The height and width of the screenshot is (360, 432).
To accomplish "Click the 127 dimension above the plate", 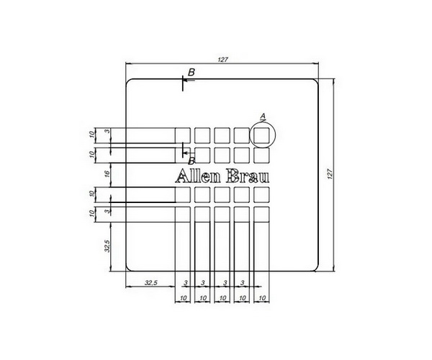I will pyautogui.click(x=222, y=60).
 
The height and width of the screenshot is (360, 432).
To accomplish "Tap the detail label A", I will pyautogui.click(x=263, y=116).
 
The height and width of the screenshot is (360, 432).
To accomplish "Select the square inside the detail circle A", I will pyautogui.click(x=261, y=135).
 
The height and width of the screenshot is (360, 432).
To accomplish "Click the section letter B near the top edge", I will pyautogui.click(x=192, y=72).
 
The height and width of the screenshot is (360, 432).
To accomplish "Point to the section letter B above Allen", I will pyautogui.click(x=192, y=161).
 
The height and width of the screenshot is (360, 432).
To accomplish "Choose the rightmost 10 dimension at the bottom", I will pyautogui.click(x=261, y=297).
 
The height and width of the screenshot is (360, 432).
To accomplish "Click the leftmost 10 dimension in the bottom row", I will pyautogui.click(x=183, y=297).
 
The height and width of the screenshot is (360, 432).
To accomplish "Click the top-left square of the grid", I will pyautogui.click(x=183, y=135).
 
